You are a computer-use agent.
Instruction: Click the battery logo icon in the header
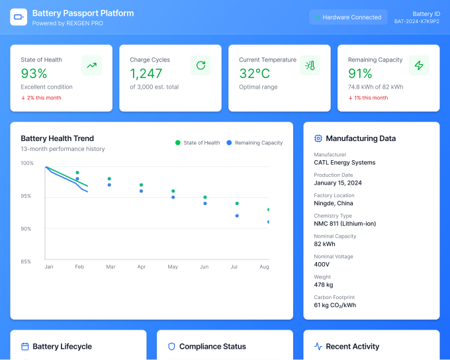19,17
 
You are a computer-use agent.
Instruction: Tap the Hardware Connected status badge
348,17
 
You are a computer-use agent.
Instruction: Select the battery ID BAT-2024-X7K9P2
417,21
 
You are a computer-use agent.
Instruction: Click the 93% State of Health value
34,73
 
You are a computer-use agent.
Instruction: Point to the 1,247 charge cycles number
146,73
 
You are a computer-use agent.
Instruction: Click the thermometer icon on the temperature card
310,66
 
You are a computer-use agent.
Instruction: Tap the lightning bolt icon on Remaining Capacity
419,66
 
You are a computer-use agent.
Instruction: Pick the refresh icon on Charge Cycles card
201,66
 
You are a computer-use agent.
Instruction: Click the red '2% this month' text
44,98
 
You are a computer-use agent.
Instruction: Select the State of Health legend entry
197,143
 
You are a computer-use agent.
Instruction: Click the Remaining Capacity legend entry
255,143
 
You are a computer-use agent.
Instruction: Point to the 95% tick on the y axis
26,196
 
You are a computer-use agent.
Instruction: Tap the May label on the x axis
173,267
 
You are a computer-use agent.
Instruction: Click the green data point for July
237,204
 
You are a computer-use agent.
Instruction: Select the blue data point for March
109,185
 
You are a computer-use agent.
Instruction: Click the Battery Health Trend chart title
58,138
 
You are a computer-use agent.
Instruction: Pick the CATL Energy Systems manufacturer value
345,163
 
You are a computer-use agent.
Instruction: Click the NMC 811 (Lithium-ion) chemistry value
345,224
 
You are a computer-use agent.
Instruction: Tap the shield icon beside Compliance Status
171,347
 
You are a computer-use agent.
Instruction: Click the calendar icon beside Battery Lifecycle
25,347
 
